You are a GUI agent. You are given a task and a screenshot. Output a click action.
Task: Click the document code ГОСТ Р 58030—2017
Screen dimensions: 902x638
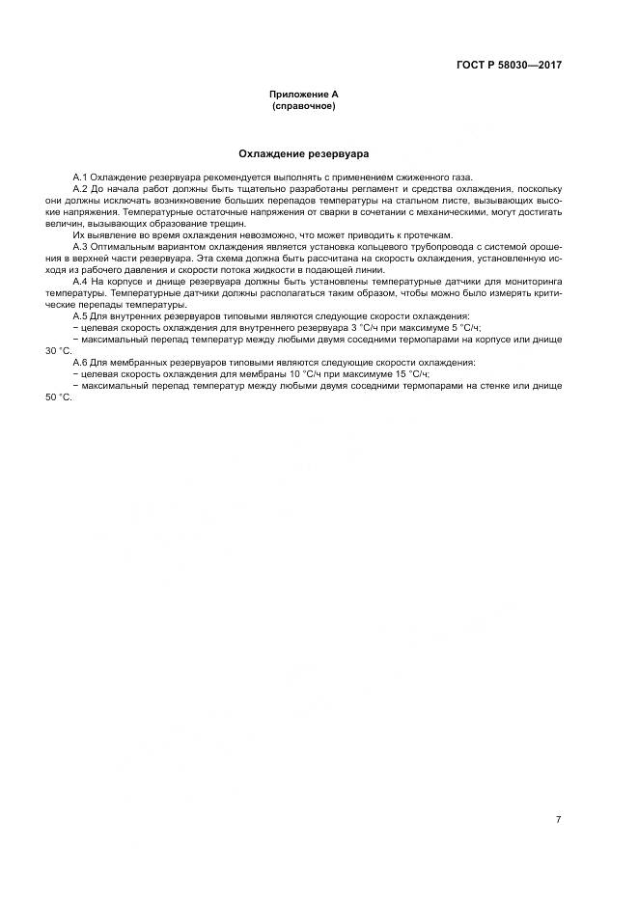(509, 65)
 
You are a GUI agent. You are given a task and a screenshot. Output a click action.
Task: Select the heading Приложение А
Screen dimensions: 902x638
(303, 95)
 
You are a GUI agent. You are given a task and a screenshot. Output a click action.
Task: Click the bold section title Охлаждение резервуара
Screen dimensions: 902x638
(303, 153)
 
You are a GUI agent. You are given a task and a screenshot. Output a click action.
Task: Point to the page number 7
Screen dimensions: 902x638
(558, 792)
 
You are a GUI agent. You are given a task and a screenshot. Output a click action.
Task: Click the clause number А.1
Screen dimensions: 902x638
(80, 178)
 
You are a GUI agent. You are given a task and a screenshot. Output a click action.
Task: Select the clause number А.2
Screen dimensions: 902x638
(80, 189)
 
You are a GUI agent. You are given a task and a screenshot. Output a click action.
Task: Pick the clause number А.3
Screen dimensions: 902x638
(80, 248)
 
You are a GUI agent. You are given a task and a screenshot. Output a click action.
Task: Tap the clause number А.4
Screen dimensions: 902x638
(80, 282)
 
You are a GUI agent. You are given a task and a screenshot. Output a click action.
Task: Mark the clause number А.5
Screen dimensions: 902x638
(80, 315)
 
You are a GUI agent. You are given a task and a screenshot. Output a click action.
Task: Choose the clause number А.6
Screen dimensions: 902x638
(80, 362)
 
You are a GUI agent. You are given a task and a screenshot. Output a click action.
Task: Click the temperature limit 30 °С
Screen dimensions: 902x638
(58, 350)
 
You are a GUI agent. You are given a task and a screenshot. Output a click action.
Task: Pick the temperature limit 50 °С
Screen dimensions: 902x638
(58, 396)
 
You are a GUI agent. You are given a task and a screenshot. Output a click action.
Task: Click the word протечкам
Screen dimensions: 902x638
(427, 235)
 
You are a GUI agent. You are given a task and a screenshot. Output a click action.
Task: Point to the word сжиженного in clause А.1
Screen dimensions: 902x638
(411, 178)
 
